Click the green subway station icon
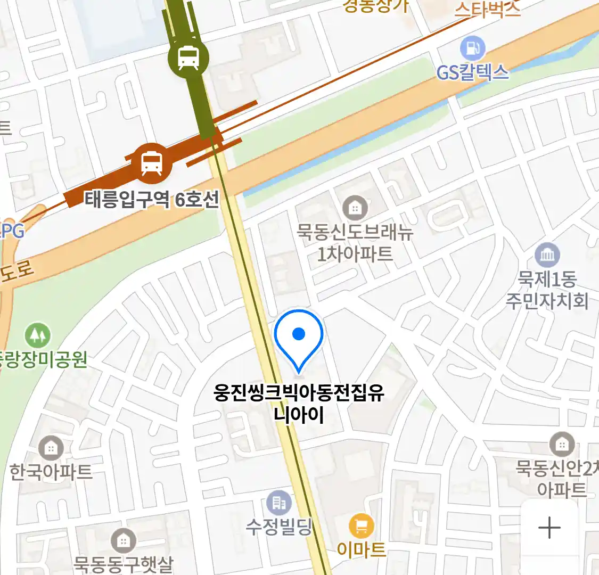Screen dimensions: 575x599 click(x=188, y=57)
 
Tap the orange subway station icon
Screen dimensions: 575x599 click(x=152, y=162)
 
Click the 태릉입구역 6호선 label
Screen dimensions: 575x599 click(x=152, y=200)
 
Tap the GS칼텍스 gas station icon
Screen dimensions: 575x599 click(x=472, y=48)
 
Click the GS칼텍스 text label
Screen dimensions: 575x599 click(x=472, y=72)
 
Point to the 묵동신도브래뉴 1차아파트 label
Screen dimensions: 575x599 click(x=355, y=243)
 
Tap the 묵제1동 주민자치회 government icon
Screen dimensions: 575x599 click(x=547, y=256)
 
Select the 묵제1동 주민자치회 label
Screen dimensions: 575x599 click(x=547, y=290)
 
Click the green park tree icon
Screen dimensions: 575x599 click(x=37, y=335)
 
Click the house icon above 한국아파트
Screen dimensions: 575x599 click(x=51, y=448)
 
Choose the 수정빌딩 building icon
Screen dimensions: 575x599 click(x=279, y=502)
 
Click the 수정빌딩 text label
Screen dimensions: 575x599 click(x=279, y=527)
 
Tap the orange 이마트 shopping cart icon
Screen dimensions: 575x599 click(x=362, y=527)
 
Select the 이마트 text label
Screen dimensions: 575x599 click(x=362, y=549)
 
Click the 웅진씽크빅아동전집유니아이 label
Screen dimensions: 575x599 click(x=299, y=404)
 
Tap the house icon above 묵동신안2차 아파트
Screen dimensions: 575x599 click(x=561, y=444)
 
